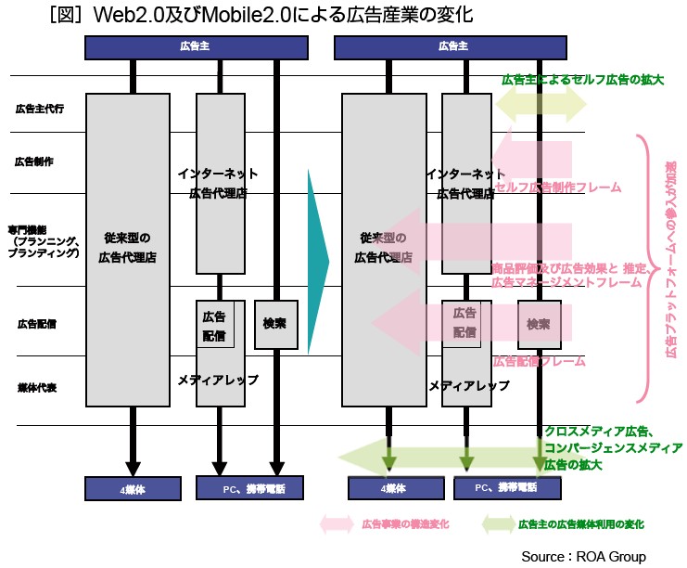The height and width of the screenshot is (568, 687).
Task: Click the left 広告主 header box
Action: (x=196, y=46)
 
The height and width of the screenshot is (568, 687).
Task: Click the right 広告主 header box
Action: (x=452, y=46)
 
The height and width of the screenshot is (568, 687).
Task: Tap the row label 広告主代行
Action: (x=38, y=109)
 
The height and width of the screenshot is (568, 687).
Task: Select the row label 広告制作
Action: (x=34, y=161)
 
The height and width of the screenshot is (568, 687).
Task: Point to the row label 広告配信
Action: (x=37, y=324)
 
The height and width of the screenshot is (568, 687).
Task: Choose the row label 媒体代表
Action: (x=37, y=387)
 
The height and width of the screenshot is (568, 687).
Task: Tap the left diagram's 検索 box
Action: (x=274, y=324)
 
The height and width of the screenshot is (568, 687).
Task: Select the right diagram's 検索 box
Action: (x=540, y=324)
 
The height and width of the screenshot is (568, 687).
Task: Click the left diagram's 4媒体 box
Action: (x=133, y=487)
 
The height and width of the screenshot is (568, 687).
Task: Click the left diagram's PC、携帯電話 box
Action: (x=247, y=487)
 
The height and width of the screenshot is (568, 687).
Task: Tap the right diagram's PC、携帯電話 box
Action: (x=505, y=487)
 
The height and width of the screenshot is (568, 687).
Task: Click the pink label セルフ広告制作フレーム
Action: (x=558, y=187)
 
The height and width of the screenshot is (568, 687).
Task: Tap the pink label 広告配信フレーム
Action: (x=539, y=360)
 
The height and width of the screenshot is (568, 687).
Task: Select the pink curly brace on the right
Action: (x=642, y=269)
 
